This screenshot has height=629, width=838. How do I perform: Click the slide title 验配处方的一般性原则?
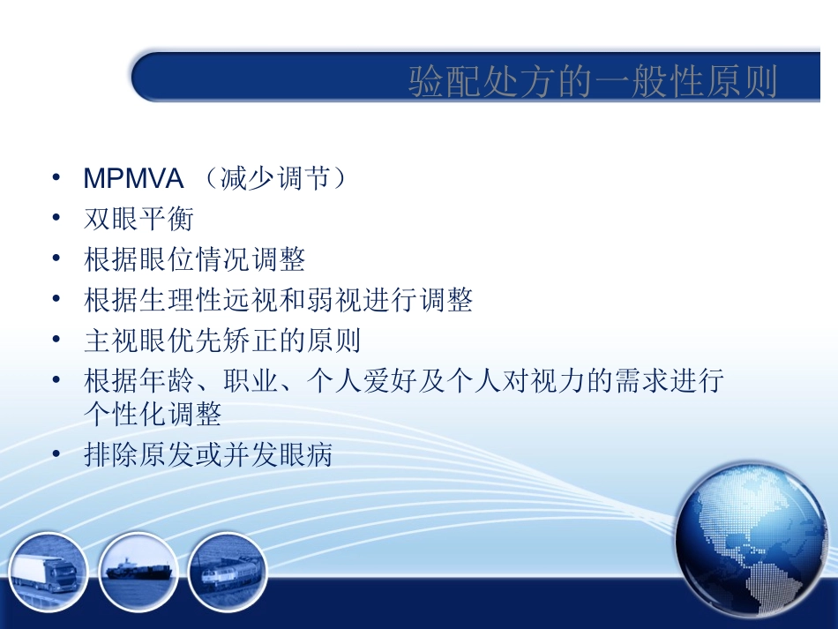593,82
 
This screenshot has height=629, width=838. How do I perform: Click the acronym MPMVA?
133,179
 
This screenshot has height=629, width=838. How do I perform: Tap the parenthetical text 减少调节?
270,179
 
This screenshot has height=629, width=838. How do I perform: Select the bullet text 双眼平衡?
138,219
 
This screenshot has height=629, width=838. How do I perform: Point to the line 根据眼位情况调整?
194,259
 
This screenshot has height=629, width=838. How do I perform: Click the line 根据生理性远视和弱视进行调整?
278,300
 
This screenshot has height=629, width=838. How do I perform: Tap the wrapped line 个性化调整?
153,414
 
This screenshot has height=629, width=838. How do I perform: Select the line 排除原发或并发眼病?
208,455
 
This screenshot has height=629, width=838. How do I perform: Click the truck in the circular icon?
49,575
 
